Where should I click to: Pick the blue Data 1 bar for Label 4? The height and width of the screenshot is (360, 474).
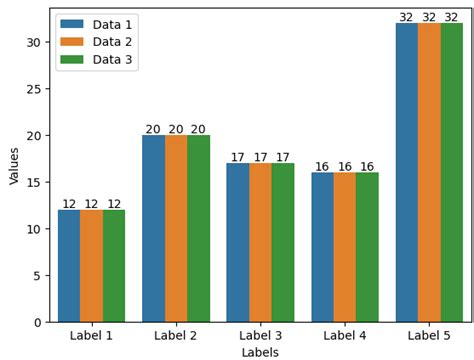322,247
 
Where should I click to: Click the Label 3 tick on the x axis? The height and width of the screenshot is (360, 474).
260,336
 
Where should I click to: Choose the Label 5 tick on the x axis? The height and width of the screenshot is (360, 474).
429,336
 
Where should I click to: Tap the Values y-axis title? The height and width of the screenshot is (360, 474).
14,165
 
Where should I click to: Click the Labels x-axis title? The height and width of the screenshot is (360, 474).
260,352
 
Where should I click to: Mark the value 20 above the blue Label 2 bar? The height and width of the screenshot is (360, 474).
153,129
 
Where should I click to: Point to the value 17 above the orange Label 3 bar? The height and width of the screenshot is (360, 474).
260,157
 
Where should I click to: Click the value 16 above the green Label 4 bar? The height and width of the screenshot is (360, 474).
367,167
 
